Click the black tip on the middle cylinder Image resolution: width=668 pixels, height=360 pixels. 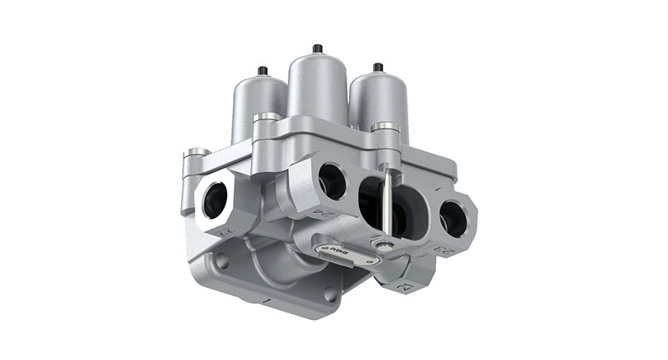coord(317,48)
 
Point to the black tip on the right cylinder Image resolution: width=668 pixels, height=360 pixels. coord(377,67)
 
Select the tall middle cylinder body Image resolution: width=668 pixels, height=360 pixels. coord(317,88)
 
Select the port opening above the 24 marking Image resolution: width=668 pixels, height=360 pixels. coord(331,180)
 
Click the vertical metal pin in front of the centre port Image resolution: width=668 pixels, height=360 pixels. coord(386,200)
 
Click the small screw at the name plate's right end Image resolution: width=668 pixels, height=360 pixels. coord(382,246)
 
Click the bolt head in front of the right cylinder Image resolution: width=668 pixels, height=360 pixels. coord(384,127)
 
